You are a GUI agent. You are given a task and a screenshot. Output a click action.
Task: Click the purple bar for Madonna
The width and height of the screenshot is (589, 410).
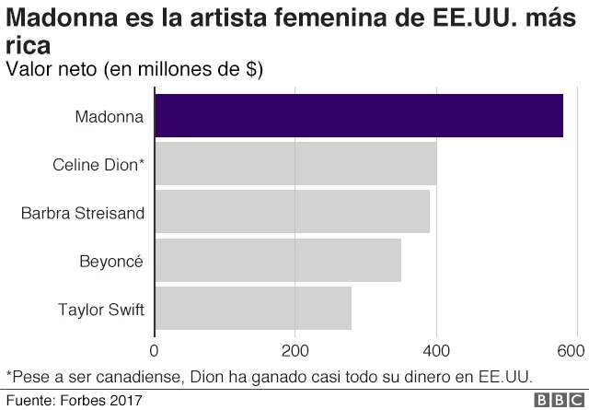tap(359, 116)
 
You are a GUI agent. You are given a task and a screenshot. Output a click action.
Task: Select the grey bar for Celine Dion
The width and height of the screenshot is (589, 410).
tap(295, 164)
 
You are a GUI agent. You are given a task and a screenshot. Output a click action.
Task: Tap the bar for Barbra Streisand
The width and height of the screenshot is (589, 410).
tap(292, 212)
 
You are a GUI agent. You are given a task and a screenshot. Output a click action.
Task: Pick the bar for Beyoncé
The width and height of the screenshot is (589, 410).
tap(278, 260)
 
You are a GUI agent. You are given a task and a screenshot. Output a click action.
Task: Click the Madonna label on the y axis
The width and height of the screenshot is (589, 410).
tap(110, 117)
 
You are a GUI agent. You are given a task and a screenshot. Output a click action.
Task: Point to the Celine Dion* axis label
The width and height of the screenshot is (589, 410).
tap(98, 165)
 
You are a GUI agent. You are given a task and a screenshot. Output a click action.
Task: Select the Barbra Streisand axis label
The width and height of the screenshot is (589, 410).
tap(83, 213)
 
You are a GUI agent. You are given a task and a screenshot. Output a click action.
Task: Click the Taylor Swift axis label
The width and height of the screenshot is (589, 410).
tap(100, 309)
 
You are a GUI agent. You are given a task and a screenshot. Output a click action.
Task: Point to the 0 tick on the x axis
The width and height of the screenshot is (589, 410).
tap(155, 351)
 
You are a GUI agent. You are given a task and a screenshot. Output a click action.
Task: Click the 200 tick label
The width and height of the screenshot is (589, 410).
tap(294, 351)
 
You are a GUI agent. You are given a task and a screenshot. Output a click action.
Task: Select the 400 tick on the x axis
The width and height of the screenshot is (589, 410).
tap(436, 351)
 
